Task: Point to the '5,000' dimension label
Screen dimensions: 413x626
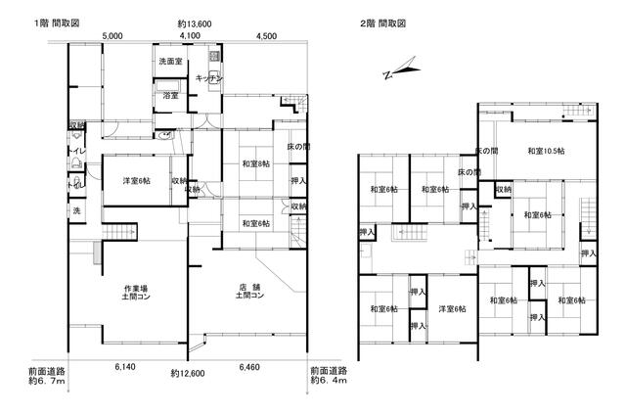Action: pos(112,36)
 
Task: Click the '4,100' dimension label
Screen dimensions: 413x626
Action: pos(190,36)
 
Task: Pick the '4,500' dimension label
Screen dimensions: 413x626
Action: pos(266,36)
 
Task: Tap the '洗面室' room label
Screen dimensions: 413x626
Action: pos(171,62)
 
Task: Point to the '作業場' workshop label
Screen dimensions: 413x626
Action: pos(136,287)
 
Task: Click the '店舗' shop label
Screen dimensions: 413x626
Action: pos(249,287)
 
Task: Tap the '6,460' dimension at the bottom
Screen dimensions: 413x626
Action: pos(250,366)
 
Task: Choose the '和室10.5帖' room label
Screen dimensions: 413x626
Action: pos(546,151)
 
